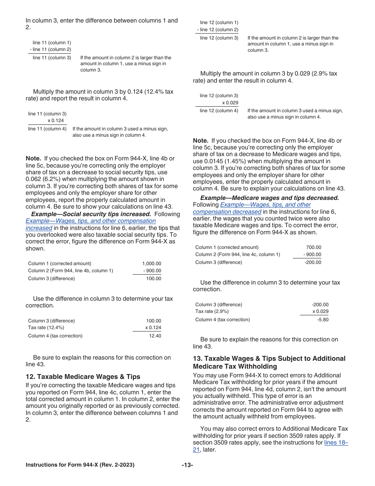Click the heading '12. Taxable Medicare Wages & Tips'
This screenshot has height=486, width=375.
point(83,377)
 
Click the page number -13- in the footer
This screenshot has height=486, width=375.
point(187,465)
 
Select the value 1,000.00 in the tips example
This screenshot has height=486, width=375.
point(152,264)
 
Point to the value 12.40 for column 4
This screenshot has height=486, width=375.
point(155,336)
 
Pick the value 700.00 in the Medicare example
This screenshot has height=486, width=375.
point(314,247)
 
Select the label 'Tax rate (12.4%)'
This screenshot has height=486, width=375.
point(46,328)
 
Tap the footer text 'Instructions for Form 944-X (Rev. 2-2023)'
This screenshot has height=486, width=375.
point(80,465)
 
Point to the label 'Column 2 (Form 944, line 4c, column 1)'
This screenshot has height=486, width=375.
point(238,254)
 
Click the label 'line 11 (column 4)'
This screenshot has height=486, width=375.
point(47,129)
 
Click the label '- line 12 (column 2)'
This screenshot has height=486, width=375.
point(217,30)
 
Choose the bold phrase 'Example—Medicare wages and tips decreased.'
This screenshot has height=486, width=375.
point(269,198)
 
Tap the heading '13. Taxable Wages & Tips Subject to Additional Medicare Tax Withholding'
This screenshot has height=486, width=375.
point(269,362)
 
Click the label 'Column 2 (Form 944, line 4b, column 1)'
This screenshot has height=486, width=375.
point(70,271)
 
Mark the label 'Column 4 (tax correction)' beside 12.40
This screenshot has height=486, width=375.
point(55,336)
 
